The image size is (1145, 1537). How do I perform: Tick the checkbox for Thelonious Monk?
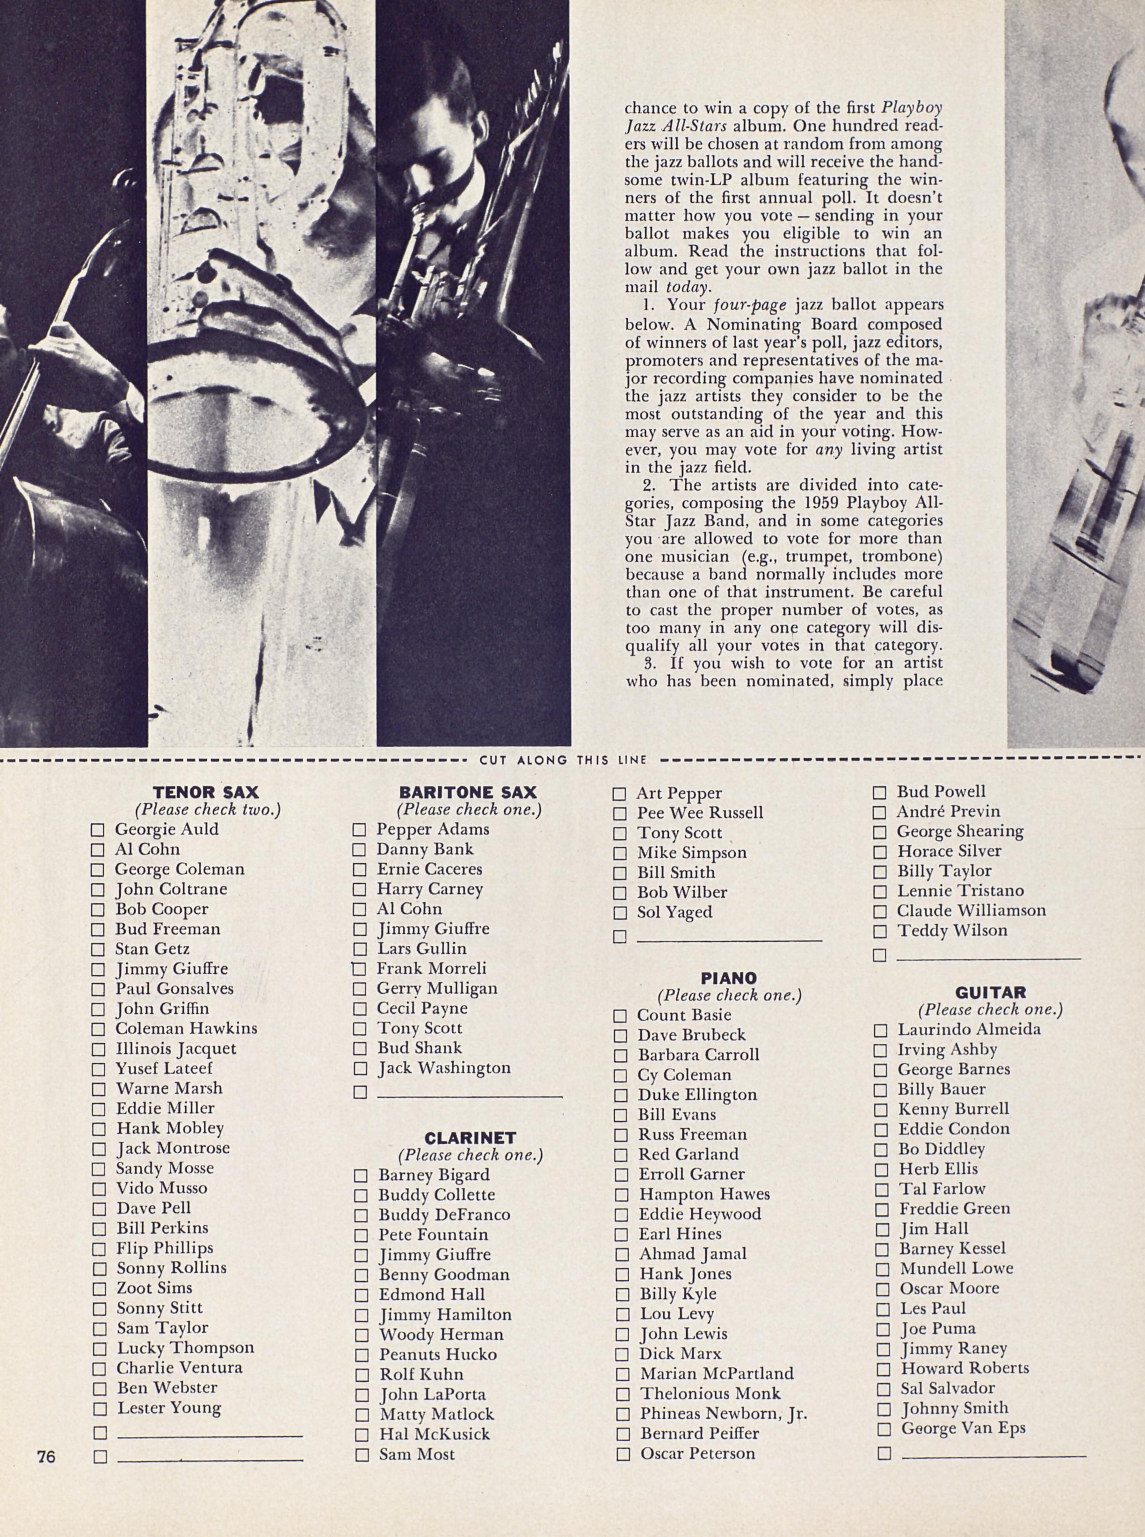coord(623,1394)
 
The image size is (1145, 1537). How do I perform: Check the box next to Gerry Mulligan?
coord(360,989)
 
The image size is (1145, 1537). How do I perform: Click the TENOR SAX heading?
coord(205,793)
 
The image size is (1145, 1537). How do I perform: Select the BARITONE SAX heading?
coord(468,793)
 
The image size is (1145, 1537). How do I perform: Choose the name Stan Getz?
coord(152,949)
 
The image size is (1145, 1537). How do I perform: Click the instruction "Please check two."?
coord(208,809)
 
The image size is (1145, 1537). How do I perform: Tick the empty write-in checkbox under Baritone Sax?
coord(360,1093)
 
